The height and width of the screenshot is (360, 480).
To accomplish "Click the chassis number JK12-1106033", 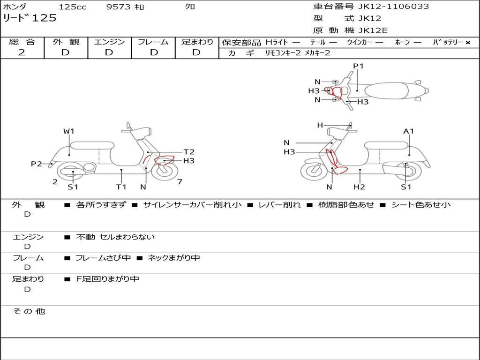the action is (393, 7).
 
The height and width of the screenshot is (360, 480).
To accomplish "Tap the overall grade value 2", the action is (22, 52).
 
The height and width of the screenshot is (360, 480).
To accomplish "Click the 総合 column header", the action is (22, 42).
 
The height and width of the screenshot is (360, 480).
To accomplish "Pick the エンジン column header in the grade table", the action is (109, 42).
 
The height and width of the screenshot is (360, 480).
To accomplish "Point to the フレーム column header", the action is (153, 42).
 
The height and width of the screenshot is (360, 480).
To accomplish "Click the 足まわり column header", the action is (197, 42).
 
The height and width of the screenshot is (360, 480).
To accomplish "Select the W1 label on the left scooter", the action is (69, 131).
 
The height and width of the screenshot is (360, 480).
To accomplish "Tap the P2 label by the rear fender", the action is (37, 164).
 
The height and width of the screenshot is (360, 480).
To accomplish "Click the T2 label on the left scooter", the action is (189, 152).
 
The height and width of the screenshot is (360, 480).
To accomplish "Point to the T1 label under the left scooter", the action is (121, 187).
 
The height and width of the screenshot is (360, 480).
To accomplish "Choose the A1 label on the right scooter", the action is (409, 131).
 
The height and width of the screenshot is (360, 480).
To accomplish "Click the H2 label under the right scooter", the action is (360, 187).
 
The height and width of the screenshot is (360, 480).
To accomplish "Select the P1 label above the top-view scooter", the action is (358, 66).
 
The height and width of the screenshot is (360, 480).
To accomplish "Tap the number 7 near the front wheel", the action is (180, 182).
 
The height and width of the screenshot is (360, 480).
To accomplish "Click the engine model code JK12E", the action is (373, 30).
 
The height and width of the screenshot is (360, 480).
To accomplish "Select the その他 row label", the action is (29, 311).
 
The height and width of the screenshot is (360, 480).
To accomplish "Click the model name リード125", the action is (30, 18).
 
